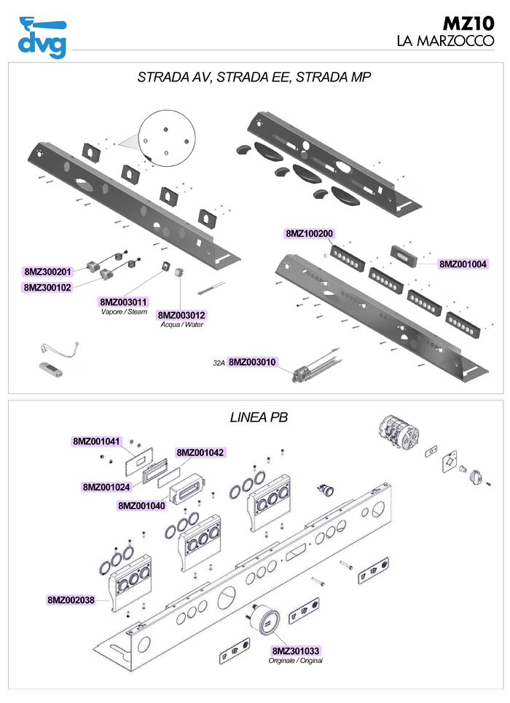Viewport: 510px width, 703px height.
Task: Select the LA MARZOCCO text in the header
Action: (444, 42)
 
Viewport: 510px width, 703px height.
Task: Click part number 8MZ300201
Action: (47, 272)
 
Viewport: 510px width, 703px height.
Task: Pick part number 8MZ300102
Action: (47, 288)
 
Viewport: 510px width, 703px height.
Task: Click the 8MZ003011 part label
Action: (124, 302)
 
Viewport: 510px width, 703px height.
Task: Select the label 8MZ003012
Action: (182, 315)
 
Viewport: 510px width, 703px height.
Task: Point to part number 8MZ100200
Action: (309, 234)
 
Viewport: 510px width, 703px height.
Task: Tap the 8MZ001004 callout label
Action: (463, 264)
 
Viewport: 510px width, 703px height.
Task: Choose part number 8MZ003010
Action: (253, 361)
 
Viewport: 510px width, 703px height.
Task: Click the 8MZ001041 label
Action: (96, 441)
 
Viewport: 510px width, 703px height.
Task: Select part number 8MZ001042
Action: (200, 452)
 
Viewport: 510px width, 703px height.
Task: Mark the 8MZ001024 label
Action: (106, 487)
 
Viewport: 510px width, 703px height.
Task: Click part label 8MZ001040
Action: (141, 505)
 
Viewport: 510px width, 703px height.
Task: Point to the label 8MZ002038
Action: (71, 600)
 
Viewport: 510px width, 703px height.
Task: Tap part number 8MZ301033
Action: (296, 651)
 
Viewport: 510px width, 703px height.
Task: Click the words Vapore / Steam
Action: (124, 312)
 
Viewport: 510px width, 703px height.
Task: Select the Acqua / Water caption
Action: (182, 325)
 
